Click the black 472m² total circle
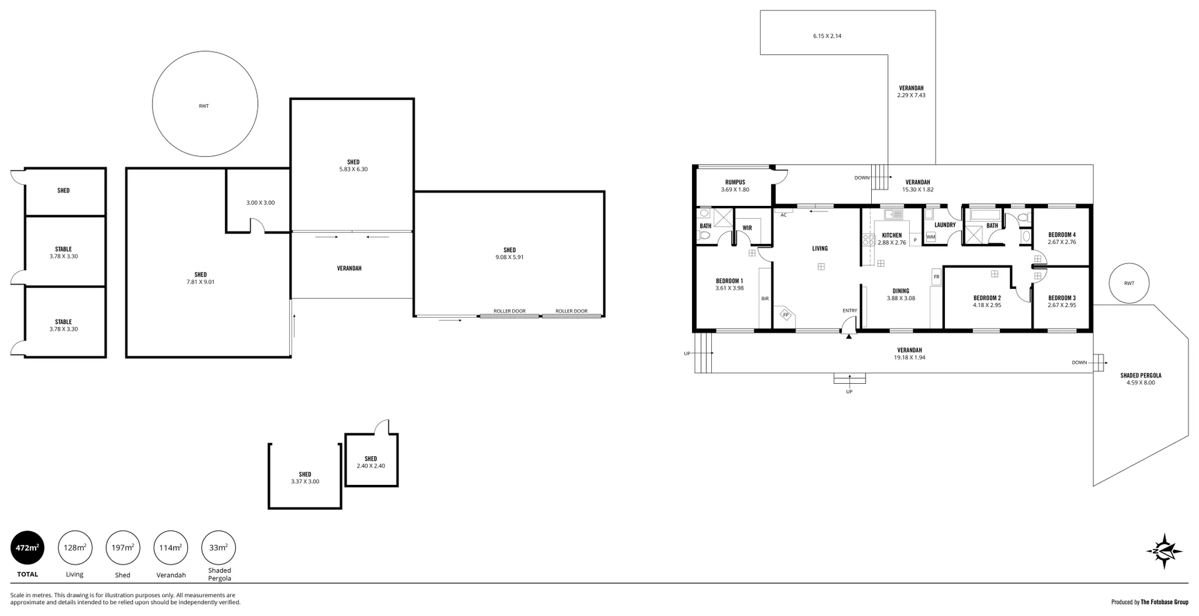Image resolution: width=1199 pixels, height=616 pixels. coord(27,548)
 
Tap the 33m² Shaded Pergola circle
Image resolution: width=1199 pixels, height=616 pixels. coord(219,548)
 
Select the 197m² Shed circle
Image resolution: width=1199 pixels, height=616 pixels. coord(123,548)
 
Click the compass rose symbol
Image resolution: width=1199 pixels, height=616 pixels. coord(1164,550)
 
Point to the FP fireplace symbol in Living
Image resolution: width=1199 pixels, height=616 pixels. coord(786,315)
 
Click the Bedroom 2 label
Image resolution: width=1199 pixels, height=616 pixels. coord(987,298)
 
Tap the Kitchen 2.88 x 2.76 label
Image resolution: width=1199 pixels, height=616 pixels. coord(891,239)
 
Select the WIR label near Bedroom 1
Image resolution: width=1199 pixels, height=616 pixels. coord(747,228)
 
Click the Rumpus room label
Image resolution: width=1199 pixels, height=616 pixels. coord(735,183)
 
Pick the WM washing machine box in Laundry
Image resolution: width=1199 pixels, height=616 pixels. coord(930,237)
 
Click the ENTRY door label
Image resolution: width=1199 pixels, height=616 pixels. coord(849,311)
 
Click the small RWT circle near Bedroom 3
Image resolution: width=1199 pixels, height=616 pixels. coord(1128,283)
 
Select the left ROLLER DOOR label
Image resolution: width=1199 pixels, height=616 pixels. coord(509,311)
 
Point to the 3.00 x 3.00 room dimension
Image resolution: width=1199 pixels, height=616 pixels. coord(260,203)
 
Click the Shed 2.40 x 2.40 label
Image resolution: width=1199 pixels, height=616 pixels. coord(371,462)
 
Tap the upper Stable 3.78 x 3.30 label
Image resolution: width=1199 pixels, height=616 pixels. coord(63,253)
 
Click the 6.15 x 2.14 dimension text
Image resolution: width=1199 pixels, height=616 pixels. coord(827,36)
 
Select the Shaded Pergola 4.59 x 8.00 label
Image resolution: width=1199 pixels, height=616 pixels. coord(1140,379)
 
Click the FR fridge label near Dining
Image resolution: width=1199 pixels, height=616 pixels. coord(936,276)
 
